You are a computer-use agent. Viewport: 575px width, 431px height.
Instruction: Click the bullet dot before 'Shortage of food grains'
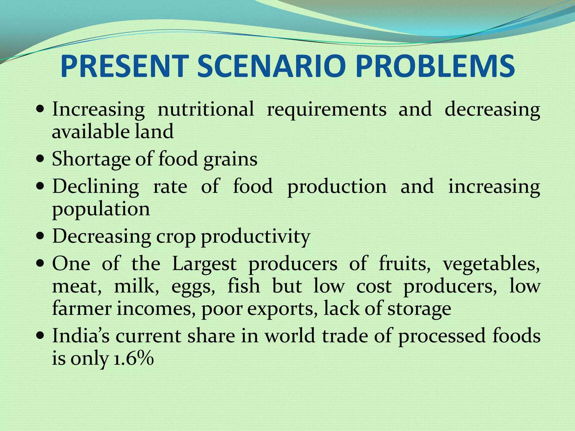coord(40,159)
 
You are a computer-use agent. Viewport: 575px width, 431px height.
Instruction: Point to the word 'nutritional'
coord(206,109)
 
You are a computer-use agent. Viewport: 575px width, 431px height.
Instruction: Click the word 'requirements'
coord(327,109)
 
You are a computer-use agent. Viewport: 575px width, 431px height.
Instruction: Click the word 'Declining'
coord(95,187)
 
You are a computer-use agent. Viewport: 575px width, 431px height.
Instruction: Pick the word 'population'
coord(101,209)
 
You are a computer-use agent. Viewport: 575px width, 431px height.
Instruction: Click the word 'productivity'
coord(255,237)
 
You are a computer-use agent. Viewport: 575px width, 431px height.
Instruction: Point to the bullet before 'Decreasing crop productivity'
coord(40,236)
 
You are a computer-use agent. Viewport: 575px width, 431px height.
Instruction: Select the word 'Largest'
coord(204,264)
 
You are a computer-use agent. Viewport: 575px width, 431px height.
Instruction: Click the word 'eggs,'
coord(193,286)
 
